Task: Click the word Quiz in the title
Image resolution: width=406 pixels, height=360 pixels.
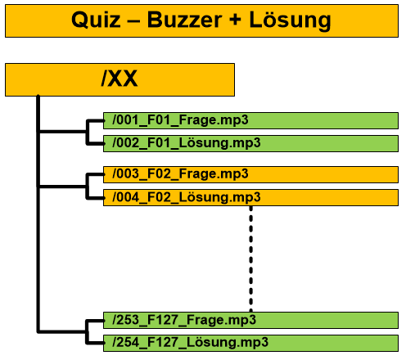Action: pyautogui.click(x=96, y=20)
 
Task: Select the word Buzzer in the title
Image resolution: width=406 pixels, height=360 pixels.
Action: pyautogui.click(x=185, y=20)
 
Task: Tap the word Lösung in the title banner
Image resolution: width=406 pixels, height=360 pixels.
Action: pyautogui.click(x=290, y=20)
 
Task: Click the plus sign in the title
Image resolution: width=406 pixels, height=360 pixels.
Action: pyautogui.click(x=235, y=20)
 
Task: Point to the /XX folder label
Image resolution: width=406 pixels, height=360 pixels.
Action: pyautogui.click(x=120, y=79)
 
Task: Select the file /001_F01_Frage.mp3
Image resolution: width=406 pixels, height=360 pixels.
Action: pyautogui.click(x=180, y=120)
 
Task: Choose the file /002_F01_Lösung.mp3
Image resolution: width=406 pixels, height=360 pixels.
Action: pyautogui.click(x=187, y=143)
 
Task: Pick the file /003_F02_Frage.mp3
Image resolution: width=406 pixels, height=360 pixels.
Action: pyautogui.click(x=180, y=174)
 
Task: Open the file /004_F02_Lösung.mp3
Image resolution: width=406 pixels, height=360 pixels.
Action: pyautogui.click(x=187, y=197)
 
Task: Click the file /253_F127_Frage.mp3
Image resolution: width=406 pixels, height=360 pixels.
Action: pyautogui.click(x=184, y=320)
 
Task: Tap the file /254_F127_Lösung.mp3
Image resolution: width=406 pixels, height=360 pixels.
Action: pyautogui.click(x=190, y=343)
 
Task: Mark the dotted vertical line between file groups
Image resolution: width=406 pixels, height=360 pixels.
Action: pyautogui.click(x=251, y=259)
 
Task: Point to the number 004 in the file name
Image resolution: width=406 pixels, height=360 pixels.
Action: pyautogui.click(x=128, y=197)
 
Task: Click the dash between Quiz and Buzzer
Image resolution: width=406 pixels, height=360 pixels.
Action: pyautogui.click(x=133, y=21)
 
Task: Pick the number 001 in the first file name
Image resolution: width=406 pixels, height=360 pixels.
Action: pyautogui.click(x=128, y=120)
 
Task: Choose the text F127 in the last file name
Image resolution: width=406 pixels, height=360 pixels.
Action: pyautogui.click(x=163, y=343)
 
